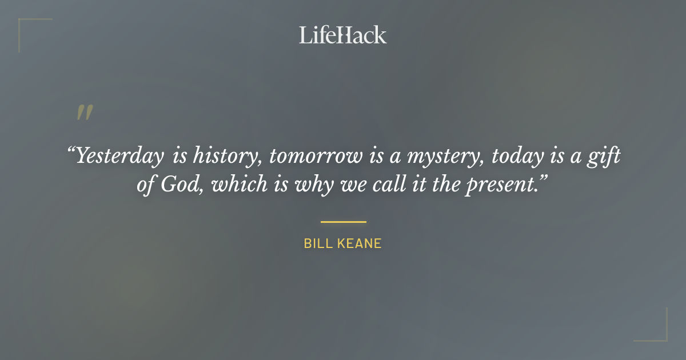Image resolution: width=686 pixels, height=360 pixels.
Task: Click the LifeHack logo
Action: [342, 35]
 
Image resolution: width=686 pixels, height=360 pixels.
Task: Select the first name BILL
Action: [316, 244]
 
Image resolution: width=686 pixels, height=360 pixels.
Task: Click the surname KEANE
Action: [357, 244]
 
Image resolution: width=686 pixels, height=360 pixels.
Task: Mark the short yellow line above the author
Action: [343, 222]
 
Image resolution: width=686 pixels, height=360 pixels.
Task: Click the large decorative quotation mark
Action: [85, 112]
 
